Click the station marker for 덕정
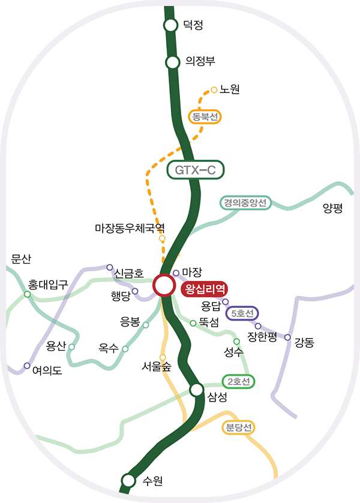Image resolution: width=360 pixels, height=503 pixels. pyautogui.click(x=171, y=25)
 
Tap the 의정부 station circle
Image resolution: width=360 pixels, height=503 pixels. pyautogui.click(x=173, y=62)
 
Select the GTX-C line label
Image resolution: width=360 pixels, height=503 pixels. pyautogui.click(x=195, y=170)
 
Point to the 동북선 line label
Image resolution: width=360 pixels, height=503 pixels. pyautogui.click(x=205, y=116)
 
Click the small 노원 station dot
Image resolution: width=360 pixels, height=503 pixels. pyautogui.click(x=214, y=91)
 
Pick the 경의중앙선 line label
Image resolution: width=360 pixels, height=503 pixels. pyautogui.click(x=245, y=202)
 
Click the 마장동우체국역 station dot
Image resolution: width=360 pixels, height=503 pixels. pyautogui.click(x=162, y=238)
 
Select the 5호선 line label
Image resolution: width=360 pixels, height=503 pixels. pyautogui.click(x=242, y=313)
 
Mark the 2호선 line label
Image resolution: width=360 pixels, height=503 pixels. pyautogui.click(x=238, y=381)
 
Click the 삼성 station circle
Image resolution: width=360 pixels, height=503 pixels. pyautogui.click(x=196, y=390)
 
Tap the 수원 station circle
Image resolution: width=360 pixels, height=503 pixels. pyautogui.click(x=128, y=480)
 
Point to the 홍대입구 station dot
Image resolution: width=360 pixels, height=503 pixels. pyautogui.click(x=27, y=294)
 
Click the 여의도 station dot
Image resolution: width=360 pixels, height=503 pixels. pyautogui.click(x=26, y=366)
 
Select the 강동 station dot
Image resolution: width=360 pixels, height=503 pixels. pyautogui.click(x=287, y=337)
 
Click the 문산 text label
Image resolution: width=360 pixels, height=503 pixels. pyautogui.click(x=21, y=259)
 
